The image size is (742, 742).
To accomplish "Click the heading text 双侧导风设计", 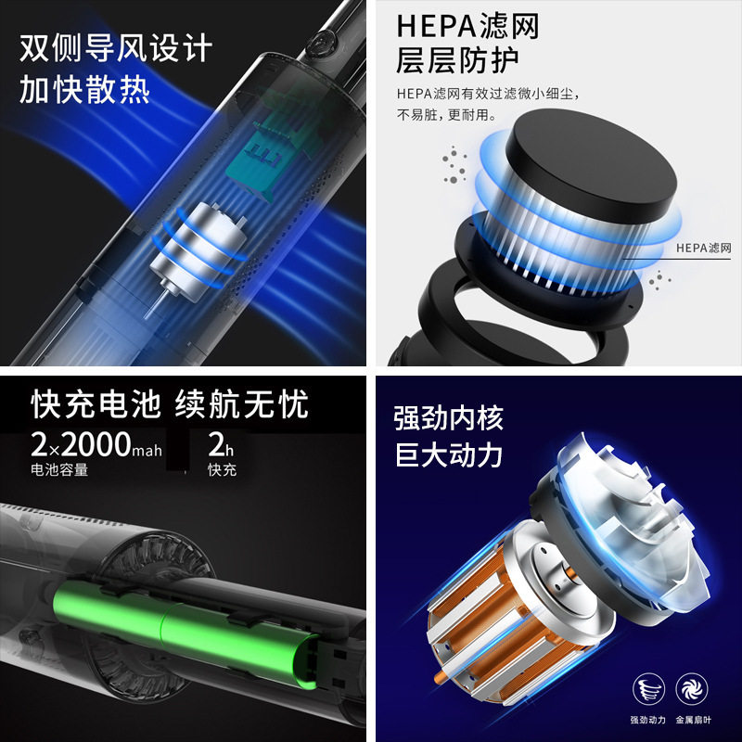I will coord(117,47).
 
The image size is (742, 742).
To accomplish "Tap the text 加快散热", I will coord(84,91).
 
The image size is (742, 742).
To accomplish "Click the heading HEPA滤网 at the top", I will coord(467,26).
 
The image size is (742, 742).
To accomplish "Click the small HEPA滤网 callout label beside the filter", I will coord(704,248).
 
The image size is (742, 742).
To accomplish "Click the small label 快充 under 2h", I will coord(223,469).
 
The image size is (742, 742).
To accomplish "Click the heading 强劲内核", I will coord(448,417).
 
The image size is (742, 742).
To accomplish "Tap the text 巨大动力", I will coord(448,455).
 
